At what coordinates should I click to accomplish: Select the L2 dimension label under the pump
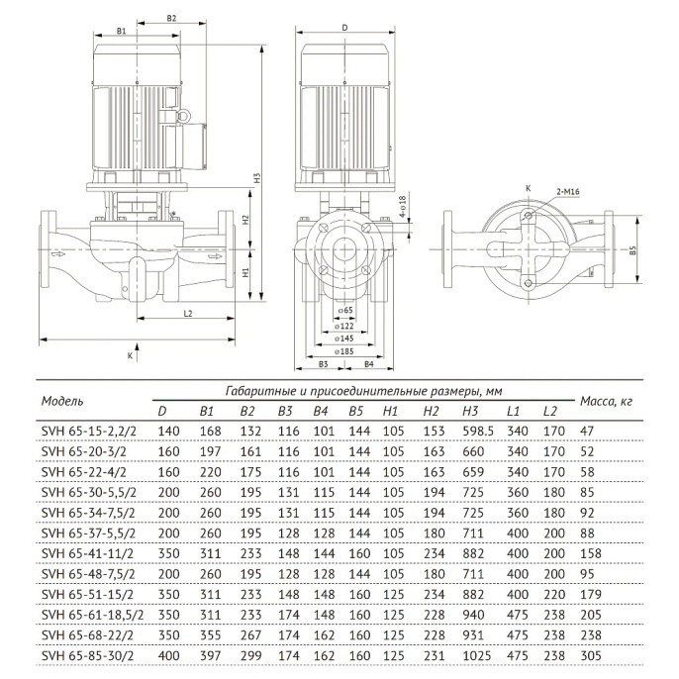click(x=188, y=313)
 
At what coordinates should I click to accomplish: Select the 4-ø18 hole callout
click(x=404, y=210)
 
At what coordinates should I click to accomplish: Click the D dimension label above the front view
click(x=343, y=30)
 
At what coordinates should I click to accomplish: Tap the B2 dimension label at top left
click(x=171, y=18)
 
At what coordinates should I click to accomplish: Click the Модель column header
click(x=62, y=401)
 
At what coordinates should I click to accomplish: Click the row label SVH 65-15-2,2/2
click(x=86, y=431)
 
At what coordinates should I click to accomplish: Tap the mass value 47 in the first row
click(x=587, y=431)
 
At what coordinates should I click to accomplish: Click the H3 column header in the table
click(x=469, y=411)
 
